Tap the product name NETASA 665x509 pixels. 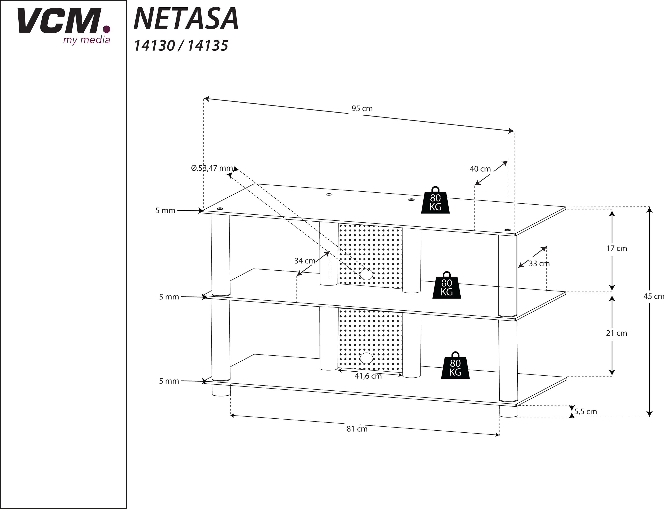[x=186, y=19]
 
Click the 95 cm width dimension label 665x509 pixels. [x=362, y=109]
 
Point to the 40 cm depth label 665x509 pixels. [x=480, y=169]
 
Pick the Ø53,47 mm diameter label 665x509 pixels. [x=212, y=168]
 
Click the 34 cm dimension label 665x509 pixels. [x=305, y=261]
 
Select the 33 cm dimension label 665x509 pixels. [x=539, y=263]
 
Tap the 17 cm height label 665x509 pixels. [x=616, y=248]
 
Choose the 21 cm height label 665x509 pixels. [x=616, y=333]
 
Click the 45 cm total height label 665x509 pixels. [x=653, y=296]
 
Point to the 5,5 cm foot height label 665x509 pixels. [x=585, y=412]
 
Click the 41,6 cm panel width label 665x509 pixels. [x=368, y=376]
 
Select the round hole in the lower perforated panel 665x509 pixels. [x=366, y=358]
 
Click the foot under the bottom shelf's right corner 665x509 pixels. [x=509, y=412]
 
